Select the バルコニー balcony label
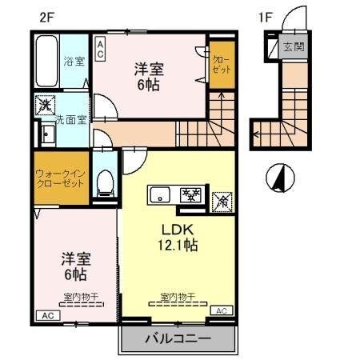178,338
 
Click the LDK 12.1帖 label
176,238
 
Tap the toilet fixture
104,183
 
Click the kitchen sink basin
160,194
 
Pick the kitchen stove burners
191,194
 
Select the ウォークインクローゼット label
61,177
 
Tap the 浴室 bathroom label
74,62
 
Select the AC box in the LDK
222,310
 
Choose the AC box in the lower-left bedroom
46,315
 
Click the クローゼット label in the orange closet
219,64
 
